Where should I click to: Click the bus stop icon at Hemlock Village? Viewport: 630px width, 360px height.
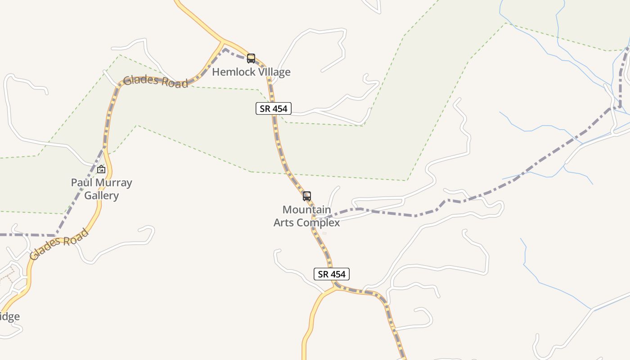(251, 58)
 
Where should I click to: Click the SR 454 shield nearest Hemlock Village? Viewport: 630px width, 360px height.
(274, 108)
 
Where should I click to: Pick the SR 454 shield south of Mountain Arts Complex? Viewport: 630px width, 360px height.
(331, 274)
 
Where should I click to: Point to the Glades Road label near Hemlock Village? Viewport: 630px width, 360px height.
(155, 81)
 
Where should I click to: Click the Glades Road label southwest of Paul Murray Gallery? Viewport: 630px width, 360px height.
(59, 244)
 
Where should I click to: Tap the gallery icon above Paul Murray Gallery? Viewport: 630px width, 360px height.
(101, 169)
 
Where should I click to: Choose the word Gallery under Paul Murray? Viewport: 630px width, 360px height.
(102, 196)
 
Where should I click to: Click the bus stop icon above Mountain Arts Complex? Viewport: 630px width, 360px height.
(307, 196)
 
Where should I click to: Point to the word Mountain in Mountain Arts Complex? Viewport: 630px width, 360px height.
(306, 210)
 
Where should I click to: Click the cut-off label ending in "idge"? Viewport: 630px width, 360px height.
(9, 316)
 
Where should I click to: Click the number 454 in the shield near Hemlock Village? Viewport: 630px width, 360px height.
(279, 108)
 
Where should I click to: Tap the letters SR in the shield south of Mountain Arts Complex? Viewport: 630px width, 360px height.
(323, 274)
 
